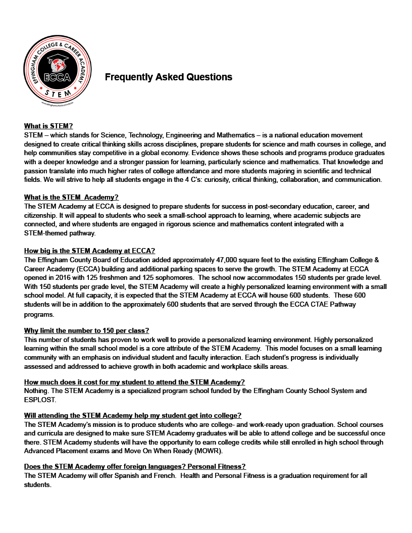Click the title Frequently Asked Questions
tap(168, 77)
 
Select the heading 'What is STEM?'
tap(48, 126)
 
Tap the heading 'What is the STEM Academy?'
tap(71, 197)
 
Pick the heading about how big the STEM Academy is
tap(89, 251)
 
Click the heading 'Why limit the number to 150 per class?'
tap(86, 330)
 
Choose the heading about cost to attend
tap(134, 382)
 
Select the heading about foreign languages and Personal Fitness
tap(135, 466)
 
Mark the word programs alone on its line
tap(38, 314)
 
